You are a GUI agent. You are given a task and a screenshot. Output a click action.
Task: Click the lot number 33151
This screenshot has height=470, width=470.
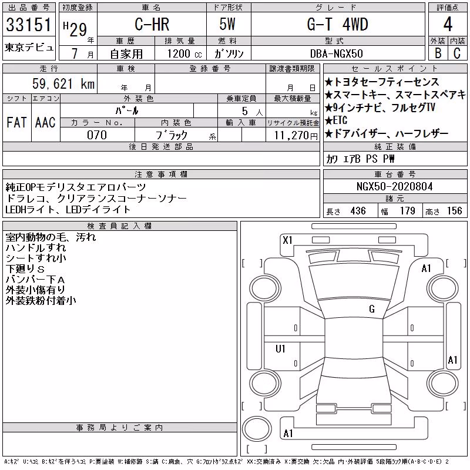pyautogui.click(x=29, y=25)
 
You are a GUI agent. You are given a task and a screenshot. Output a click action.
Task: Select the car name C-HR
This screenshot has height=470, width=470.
pyautogui.click(x=152, y=24)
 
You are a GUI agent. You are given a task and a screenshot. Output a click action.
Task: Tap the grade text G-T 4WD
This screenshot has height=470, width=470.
pyautogui.click(x=337, y=24)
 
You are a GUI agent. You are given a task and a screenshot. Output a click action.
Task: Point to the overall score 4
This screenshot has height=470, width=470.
pyautogui.click(x=448, y=24)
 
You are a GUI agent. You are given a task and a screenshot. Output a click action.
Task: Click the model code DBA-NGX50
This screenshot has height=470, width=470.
pyautogui.click(x=336, y=53)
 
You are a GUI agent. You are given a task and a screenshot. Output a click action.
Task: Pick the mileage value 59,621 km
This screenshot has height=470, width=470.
pyautogui.click(x=63, y=83)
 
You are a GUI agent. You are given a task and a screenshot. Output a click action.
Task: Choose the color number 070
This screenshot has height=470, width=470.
pyautogui.click(x=97, y=135)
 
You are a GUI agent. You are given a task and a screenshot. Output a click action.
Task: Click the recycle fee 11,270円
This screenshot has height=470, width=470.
pyautogui.click(x=296, y=136)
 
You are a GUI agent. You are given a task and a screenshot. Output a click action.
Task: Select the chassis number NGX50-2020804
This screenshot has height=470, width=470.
pyautogui.click(x=394, y=187)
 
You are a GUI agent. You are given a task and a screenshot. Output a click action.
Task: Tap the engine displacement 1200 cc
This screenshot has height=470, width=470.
pyautogui.click(x=184, y=54)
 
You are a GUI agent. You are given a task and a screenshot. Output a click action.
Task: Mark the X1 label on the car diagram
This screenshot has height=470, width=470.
pyautogui.click(x=287, y=240)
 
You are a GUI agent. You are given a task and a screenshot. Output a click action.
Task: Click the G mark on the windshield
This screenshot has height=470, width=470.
pyautogui.click(x=372, y=309)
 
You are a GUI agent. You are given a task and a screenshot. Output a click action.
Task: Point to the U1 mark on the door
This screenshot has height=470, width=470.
pyautogui.click(x=280, y=348)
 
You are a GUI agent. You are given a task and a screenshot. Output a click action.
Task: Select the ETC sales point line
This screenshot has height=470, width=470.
pyautogui.click(x=336, y=120)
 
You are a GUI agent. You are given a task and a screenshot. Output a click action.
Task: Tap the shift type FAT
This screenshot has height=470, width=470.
pyautogui.click(x=16, y=123)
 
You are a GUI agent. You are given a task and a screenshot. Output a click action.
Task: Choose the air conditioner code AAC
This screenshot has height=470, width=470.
pyautogui.click(x=45, y=123)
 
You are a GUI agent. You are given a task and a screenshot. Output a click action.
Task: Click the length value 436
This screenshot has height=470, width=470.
pyautogui.click(x=358, y=211)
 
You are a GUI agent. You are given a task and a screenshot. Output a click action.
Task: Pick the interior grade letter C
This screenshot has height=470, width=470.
pyautogui.click(x=457, y=53)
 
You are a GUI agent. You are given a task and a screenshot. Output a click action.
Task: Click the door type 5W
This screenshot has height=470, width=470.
pyautogui.click(x=227, y=24)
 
